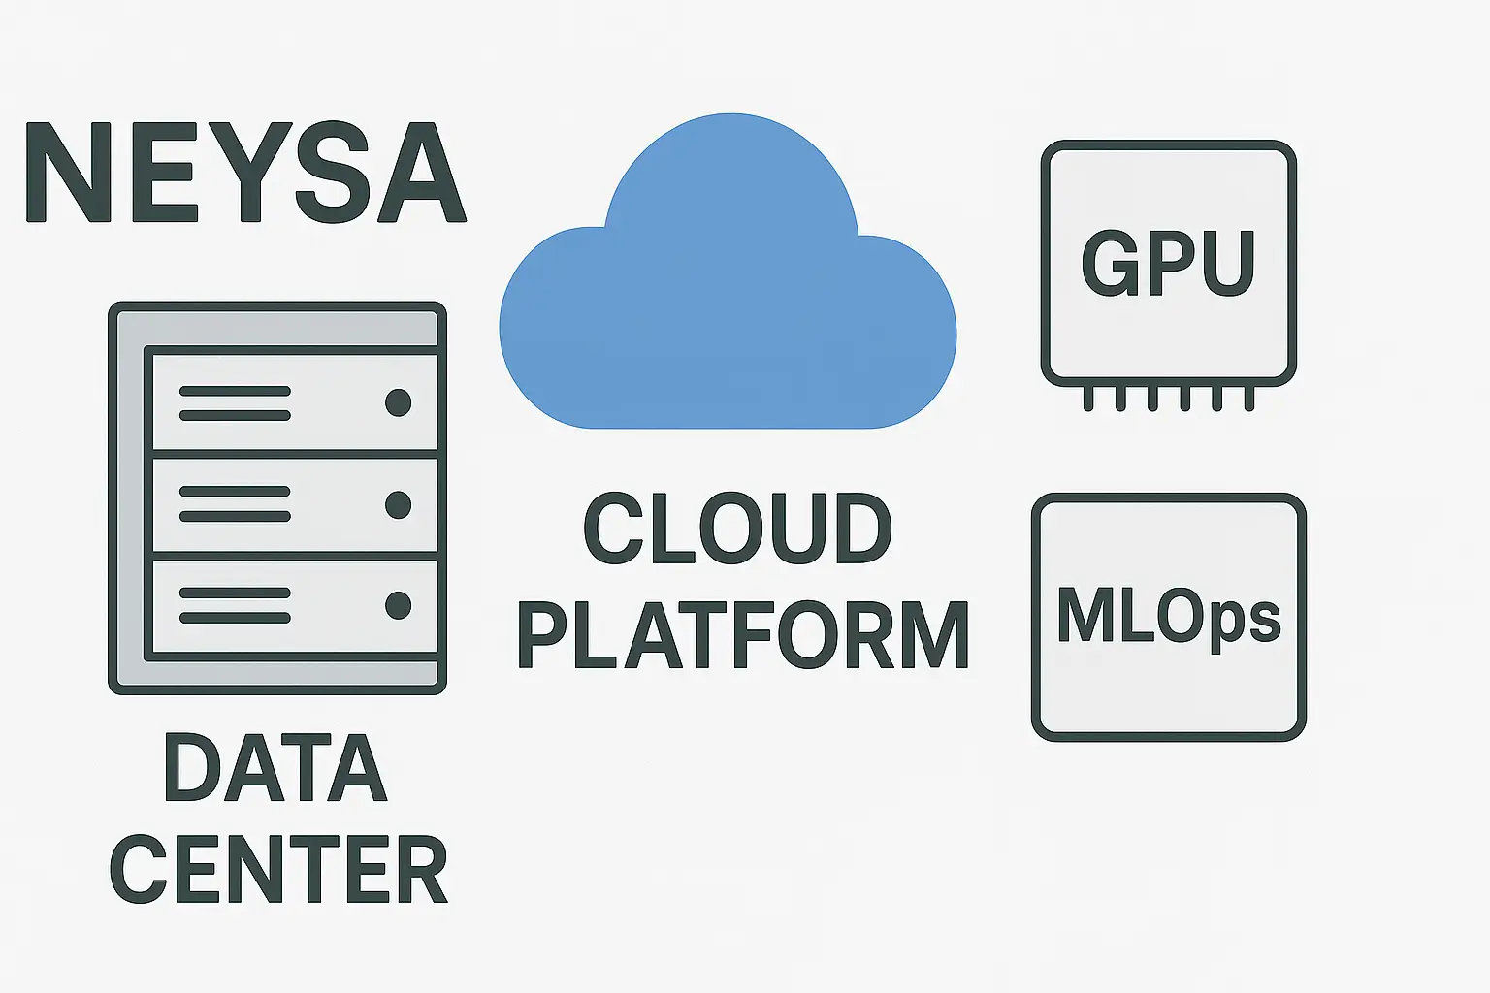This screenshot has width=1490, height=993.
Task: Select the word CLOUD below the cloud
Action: (x=737, y=529)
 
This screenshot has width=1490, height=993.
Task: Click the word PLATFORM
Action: (x=743, y=635)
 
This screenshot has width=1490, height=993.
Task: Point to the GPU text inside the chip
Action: (x=1168, y=264)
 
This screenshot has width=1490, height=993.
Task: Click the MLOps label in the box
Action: (x=1168, y=617)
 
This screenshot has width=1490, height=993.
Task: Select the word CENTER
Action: (x=278, y=869)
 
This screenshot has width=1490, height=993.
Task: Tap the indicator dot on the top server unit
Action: (x=398, y=402)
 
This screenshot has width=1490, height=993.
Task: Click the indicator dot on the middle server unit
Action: (x=398, y=504)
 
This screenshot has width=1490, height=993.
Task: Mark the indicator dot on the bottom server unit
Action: (x=398, y=605)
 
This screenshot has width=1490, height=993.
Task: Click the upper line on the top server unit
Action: (x=235, y=391)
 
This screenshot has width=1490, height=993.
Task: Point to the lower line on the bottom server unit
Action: (x=235, y=618)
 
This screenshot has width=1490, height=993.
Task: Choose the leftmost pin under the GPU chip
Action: (x=1088, y=398)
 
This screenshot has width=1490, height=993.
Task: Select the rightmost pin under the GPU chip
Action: (x=1249, y=398)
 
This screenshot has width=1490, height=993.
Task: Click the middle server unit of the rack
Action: (x=295, y=504)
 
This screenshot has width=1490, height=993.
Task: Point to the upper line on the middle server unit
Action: (x=235, y=492)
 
